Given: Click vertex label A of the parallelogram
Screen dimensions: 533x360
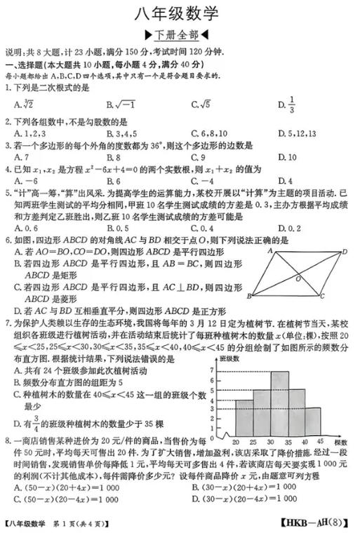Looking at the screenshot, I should (269, 251).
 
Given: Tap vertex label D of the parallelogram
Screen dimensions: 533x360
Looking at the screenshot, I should (345, 251).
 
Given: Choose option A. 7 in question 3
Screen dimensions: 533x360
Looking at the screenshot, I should (20, 157).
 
